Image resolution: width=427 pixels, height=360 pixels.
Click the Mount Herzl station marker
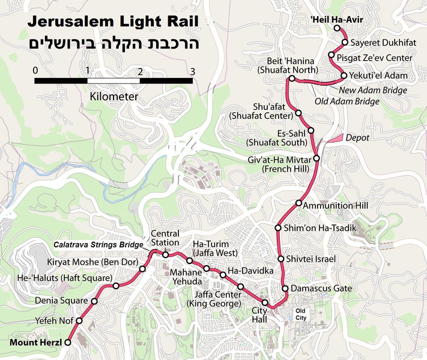pyautogui.click(x=68, y=342)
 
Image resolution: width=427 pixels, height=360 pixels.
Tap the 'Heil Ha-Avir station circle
pyautogui.click(x=336, y=28)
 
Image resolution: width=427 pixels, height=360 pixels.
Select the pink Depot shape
pyautogui.click(x=335, y=137)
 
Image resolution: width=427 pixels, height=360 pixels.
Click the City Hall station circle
pyautogui.click(x=265, y=302)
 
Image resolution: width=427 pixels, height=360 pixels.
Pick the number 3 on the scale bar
pyautogui.click(x=192, y=71)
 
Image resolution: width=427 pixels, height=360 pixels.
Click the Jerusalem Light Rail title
pyautogui.click(x=113, y=23)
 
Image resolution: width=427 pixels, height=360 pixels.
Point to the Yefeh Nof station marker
pyautogui.click(x=77, y=320)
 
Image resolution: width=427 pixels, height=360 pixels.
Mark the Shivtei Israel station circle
pyautogui.click(x=281, y=259)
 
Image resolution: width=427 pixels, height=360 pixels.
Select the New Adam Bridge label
pyautogui.click(x=373, y=90)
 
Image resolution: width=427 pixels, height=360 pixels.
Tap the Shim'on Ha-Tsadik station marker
pyautogui.click(x=278, y=228)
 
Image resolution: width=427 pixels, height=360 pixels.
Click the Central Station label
pyautogui.click(x=165, y=238)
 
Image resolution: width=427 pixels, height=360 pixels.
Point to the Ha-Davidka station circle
pyautogui.click(x=223, y=275)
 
